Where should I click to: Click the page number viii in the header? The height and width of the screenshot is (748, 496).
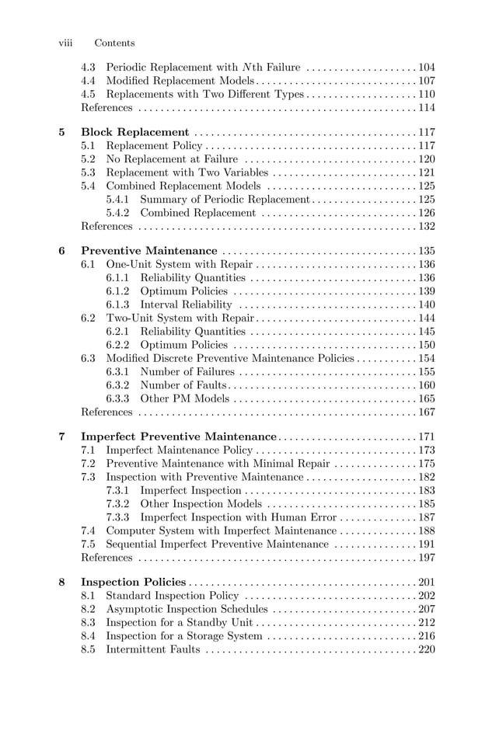(x=66, y=43)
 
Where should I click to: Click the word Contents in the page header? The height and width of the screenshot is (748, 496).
(x=114, y=43)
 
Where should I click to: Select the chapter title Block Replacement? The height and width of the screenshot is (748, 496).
(x=135, y=132)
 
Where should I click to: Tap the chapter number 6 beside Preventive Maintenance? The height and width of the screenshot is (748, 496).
(x=62, y=251)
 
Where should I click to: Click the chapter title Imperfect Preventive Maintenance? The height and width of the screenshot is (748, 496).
(x=179, y=437)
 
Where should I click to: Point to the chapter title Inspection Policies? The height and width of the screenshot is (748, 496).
(x=134, y=583)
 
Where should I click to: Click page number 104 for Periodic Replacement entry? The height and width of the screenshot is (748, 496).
(x=426, y=67)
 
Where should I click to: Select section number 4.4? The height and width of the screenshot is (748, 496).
(x=88, y=80)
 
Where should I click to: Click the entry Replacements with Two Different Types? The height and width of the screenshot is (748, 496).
(x=204, y=94)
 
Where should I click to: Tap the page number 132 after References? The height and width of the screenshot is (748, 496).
(x=426, y=227)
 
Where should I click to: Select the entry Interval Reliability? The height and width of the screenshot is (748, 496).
(x=186, y=304)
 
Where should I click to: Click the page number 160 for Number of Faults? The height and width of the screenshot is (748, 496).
(x=426, y=385)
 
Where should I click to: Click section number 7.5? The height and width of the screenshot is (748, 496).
(x=88, y=544)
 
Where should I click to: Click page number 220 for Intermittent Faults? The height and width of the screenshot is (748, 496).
(x=426, y=649)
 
